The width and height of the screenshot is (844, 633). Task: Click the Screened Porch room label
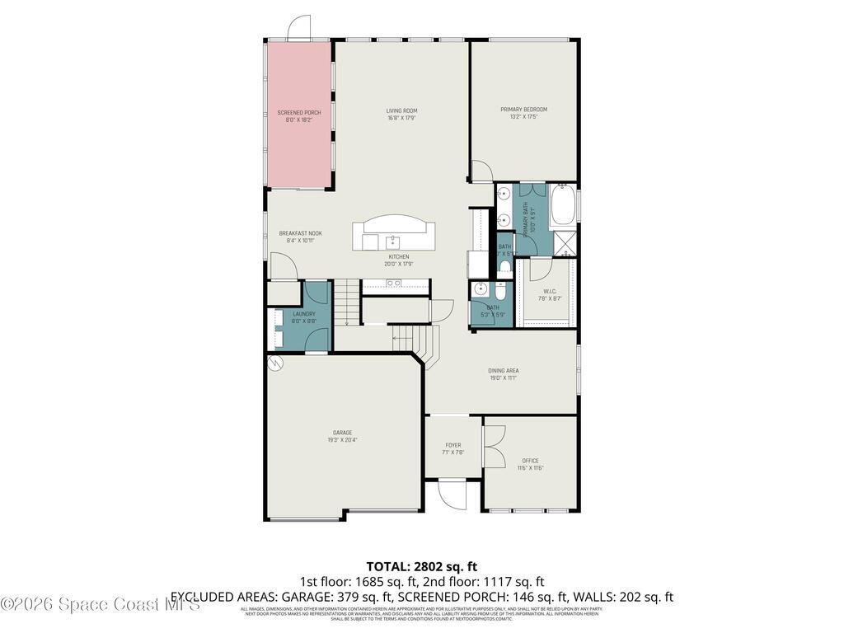pos(298,112)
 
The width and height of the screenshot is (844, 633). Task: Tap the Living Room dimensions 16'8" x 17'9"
pos(401,118)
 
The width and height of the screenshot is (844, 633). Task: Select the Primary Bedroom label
pos(523,110)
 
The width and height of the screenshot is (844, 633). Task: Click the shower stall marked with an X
pos(565,243)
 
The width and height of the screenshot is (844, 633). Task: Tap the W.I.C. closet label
pos(551,291)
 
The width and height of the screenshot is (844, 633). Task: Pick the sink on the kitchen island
pos(394,241)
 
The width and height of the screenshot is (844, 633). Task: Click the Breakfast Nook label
pos(300,233)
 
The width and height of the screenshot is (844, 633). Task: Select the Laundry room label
pos(303,314)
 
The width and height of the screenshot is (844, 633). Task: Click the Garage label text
pos(342,433)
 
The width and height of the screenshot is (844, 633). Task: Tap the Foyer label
pos(453,445)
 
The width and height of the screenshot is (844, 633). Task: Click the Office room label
pos(530,461)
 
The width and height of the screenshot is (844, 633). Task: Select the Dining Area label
pos(503,371)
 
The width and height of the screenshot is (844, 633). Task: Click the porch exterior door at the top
pos(298,30)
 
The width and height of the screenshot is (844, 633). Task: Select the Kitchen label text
pos(396,256)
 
